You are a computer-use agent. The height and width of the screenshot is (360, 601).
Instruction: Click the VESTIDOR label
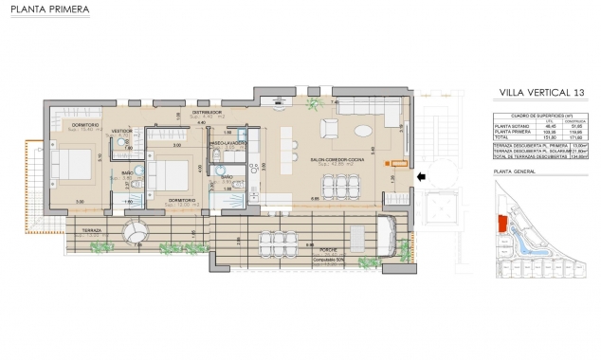click(122, 131)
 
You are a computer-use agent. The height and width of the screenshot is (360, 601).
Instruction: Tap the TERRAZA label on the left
click(92, 230)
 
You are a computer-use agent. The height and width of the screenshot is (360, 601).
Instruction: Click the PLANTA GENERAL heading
click(515, 172)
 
